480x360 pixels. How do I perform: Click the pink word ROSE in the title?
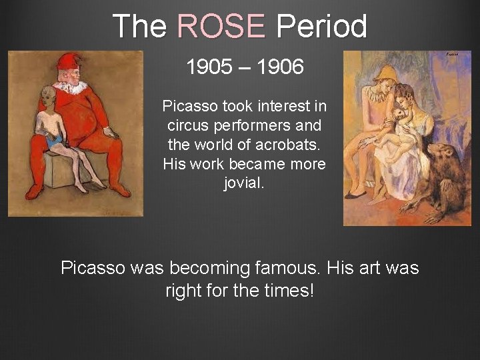tap(221, 27)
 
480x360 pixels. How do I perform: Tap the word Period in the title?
tap(321, 27)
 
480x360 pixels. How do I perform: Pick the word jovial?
tap(244, 183)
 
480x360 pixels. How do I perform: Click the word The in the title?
tap(140, 27)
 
